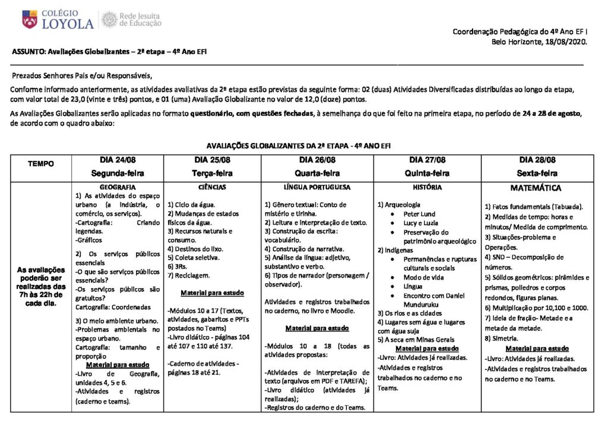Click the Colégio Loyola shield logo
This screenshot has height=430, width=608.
[x=29, y=20]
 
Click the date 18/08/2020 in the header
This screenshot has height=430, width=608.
[x=565, y=41]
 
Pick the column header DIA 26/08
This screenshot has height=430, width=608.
[x=317, y=160]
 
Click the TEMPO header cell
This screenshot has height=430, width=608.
[x=41, y=164]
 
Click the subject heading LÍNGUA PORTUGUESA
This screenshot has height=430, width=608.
[x=317, y=186]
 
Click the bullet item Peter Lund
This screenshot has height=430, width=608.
[x=419, y=214]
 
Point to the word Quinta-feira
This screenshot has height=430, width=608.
[x=427, y=173]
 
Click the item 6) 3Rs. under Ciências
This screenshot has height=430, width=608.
[x=178, y=267]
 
